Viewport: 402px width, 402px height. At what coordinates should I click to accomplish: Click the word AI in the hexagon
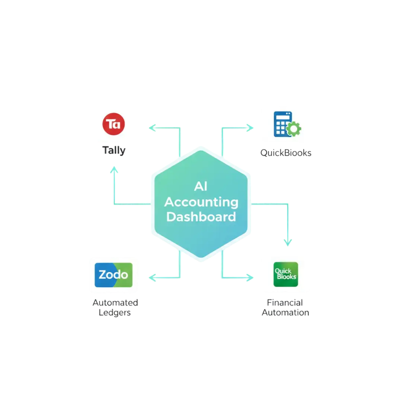click(201, 186)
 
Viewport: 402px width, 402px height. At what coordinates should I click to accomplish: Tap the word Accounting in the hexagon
click(201, 202)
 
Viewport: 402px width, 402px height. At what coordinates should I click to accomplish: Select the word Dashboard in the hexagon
click(201, 217)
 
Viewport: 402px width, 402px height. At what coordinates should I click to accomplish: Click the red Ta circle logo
click(113, 124)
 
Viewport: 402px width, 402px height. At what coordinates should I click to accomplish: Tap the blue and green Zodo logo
click(113, 275)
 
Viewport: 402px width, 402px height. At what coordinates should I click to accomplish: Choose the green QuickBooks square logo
click(285, 275)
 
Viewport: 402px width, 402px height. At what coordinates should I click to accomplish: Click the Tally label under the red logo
click(113, 151)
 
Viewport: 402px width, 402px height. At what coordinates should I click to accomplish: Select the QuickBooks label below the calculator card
click(285, 153)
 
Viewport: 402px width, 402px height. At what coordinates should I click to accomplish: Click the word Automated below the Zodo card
click(115, 303)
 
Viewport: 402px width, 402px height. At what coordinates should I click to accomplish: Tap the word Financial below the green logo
click(285, 302)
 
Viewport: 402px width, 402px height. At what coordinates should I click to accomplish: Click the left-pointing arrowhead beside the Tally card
click(152, 128)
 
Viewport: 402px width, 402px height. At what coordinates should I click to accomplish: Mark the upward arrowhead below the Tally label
click(114, 170)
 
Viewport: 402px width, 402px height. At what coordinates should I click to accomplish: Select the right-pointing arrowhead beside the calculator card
click(250, 128)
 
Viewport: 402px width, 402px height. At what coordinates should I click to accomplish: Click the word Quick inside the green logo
click(283, 271)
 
